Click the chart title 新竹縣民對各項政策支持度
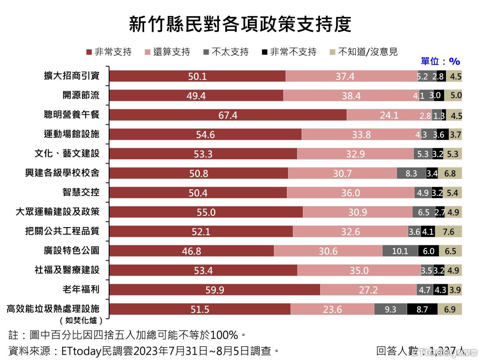click(240, 24)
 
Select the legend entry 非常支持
click(109, 52)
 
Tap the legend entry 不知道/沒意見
click(363, 52)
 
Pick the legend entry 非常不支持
click(289, 52)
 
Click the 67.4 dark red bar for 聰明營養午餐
click(228, 115)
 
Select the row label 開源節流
click(81, 95)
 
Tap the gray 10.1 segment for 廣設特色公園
click(400, 251)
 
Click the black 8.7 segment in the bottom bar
click(422, 309)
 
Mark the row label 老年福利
click(81, 289)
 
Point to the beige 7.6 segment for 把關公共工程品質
click(448, 231)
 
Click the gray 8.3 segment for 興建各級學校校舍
click(411, 173)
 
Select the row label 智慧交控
click(81, 192)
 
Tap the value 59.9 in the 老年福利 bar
click(215, 290)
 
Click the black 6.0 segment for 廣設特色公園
click(428, 251)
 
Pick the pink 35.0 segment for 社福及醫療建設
click(359, 270)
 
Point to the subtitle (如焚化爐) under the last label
click(81, 320)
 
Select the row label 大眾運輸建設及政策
click(57, 212)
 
